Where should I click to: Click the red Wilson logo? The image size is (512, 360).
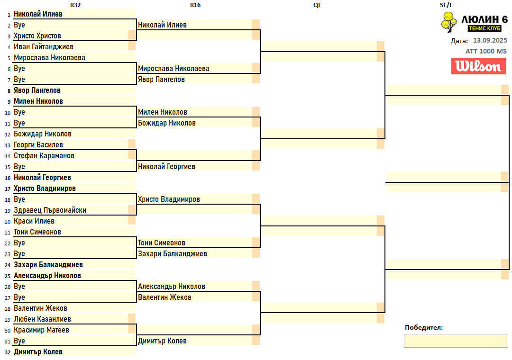(479, 66)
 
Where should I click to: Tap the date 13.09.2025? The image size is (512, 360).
(490, 40)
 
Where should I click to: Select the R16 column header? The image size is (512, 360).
(195, 5)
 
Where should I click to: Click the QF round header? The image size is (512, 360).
(317, 5)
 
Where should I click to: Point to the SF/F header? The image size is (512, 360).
(446, 5)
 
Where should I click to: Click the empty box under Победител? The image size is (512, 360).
(456, 341)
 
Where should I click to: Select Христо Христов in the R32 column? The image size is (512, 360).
(37, 36)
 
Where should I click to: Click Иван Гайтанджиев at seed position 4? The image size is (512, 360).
(44, 47)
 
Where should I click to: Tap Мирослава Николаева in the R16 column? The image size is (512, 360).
(174, 69)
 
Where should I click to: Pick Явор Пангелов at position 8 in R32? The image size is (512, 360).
(37, 90)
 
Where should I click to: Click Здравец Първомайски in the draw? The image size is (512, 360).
(50, 210)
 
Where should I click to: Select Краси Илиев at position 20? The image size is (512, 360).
(34, 221)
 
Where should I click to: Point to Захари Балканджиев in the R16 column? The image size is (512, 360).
(173, 253)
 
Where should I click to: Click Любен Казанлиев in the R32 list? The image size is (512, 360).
(42, 319)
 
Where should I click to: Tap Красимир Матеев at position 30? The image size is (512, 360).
(41, 330)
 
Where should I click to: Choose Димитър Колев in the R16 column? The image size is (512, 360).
(162, 341)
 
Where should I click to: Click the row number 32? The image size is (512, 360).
(8, 352)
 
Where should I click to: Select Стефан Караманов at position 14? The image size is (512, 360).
(44, 156)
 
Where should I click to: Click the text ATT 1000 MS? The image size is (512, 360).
(486, 51)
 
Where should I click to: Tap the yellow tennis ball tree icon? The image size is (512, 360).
(449, 22)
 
